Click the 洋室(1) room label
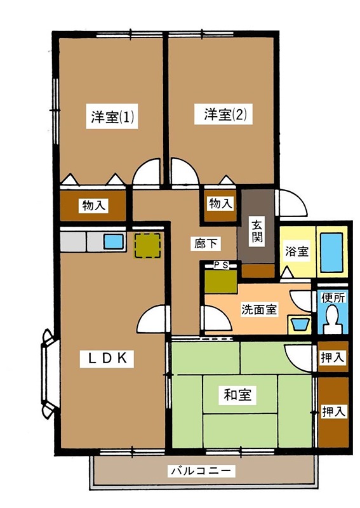point(111,117)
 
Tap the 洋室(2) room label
point(225,115)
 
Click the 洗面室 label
point(258,309)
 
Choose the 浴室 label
point(296,251)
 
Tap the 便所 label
point(332,297)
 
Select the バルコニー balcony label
point(202,471)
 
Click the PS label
point(221,265)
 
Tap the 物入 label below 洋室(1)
point(94,206)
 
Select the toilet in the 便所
point(331,318)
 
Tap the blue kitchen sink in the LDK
point(114,241)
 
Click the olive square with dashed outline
point(147,246)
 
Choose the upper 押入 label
point(333,358)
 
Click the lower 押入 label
point(333,411)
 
